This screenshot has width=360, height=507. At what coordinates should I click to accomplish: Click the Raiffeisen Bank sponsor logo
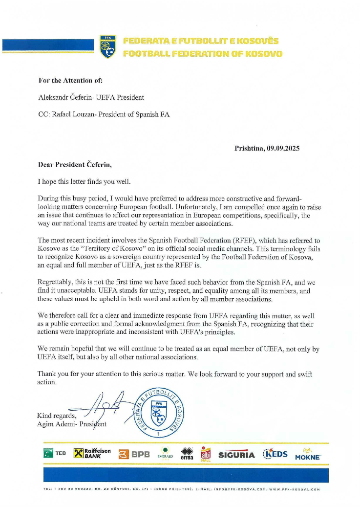pyautogui.click(x=92, y=454)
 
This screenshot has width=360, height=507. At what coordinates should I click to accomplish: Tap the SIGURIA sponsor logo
pyautogui.click(x=236, y=455)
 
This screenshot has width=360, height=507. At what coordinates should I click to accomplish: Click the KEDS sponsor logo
pyautogui.click(x=275, y=454)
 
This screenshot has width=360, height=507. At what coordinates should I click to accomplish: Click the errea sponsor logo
pyautogui.click(x=187, y=454)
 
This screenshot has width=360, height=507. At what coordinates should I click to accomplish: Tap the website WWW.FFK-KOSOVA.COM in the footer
pyautogui.click(x=295, y=489)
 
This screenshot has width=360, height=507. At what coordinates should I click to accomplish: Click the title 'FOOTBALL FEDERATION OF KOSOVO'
pyautogui.click(x=202, y=53)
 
